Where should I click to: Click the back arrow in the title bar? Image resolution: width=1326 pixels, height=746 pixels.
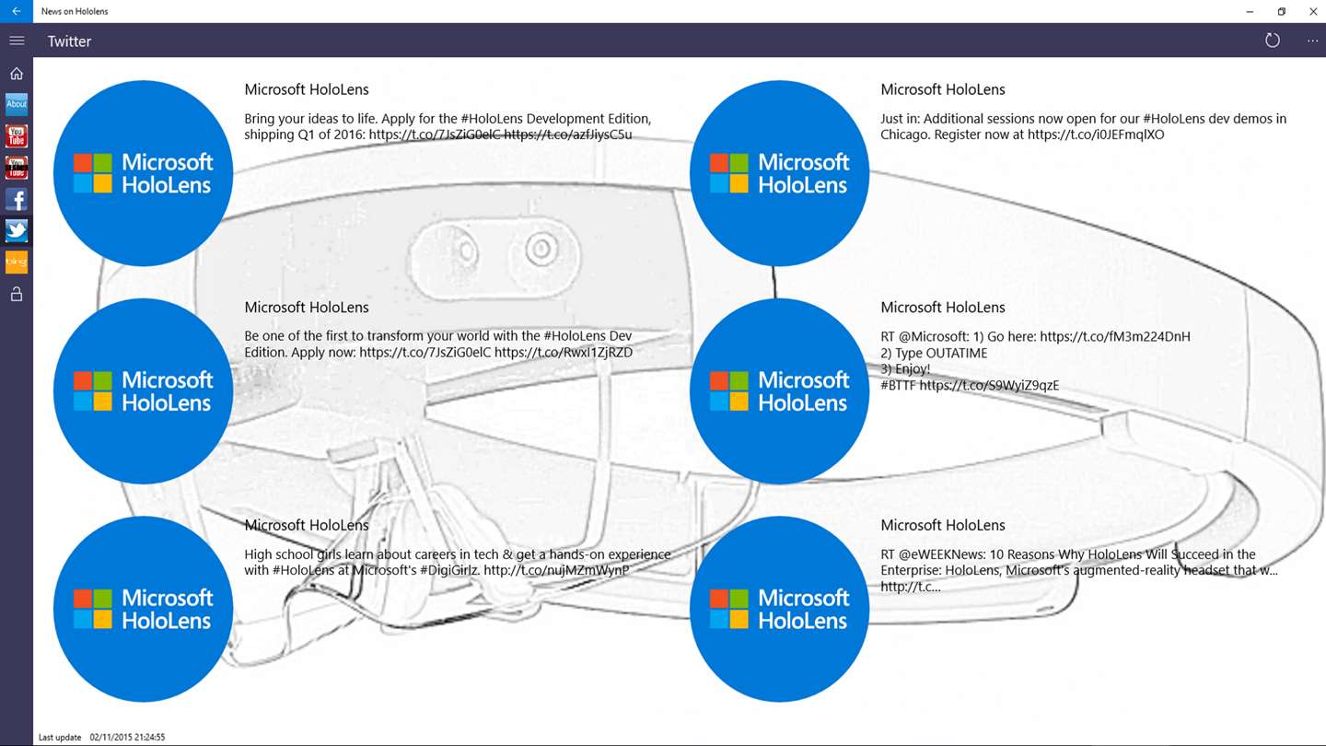17,11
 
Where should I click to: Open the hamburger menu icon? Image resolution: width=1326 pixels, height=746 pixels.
17,41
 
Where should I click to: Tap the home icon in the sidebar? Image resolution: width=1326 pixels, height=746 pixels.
17,74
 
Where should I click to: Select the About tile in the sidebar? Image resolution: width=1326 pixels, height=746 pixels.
17,104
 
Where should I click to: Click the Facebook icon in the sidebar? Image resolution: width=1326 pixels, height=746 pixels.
17,199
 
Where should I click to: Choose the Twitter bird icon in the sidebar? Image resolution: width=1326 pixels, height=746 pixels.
17,230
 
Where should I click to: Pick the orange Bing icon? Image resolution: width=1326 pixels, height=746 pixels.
17,262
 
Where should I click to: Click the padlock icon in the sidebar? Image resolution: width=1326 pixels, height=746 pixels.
17,295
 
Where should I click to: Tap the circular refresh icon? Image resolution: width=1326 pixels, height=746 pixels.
1273,41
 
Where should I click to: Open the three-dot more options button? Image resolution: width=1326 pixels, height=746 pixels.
1312,41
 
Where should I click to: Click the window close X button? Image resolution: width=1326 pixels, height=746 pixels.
1313,11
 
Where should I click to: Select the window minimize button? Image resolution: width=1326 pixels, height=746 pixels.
1250,11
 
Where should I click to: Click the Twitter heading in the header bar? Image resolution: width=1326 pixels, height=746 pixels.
69,41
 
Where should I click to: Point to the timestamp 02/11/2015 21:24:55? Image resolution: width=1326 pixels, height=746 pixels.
127,738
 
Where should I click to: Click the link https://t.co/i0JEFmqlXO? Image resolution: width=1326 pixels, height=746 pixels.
1096,134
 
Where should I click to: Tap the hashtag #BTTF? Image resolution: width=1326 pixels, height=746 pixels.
898,386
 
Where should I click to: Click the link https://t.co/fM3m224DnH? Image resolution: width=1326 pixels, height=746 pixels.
1115,336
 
